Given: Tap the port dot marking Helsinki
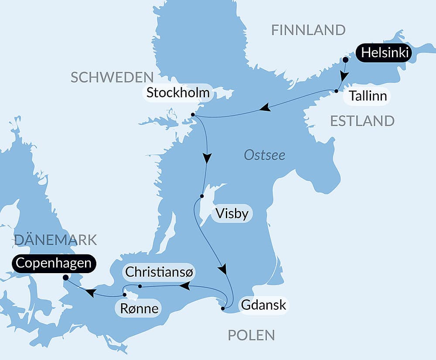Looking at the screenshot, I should pos(345,59).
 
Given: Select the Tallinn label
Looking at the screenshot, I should pos(368,96).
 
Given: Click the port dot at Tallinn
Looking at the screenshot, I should pos(337,91).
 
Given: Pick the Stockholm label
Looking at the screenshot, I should pos(178,93).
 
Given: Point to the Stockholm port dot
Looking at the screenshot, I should pos(193,115).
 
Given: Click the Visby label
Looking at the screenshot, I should pos(232,214).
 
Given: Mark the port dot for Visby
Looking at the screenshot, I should pos(201,196).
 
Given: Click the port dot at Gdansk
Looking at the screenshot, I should pos(223,309).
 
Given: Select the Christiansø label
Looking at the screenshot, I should pos(160,272).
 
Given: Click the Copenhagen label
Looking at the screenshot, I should pos(54,264).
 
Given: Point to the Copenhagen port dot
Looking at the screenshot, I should pos(65,277).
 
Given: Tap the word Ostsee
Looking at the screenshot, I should pos(264,155).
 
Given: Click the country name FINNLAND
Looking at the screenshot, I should pos(308,30).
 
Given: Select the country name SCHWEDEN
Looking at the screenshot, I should pos(112,77).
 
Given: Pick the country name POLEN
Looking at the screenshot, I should pos(252,335).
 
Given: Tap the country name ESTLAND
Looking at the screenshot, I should pos(362,121).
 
